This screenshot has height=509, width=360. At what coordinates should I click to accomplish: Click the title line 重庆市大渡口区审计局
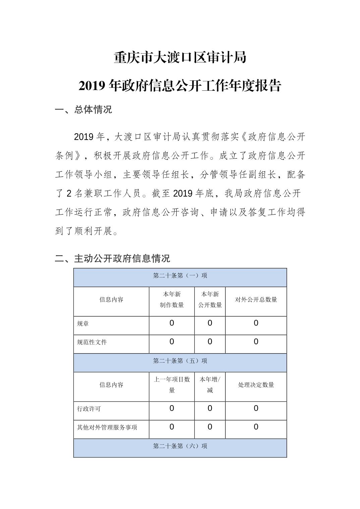pos(180,58)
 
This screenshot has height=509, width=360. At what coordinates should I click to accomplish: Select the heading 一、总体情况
pos(83,110)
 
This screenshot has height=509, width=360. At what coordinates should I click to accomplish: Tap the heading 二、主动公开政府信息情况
pos(112,258)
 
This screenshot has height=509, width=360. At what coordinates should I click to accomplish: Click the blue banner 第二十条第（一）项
pos(180,276)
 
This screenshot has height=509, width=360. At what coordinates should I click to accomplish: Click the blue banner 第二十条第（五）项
pos(180,361)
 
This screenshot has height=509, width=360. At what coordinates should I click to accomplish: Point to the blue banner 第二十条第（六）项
pos(180,446)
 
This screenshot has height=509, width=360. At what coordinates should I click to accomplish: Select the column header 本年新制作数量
pos(172,300)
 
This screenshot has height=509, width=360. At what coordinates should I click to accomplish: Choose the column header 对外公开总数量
pos(256,300)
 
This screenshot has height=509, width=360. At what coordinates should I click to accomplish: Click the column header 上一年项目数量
pos(172,385)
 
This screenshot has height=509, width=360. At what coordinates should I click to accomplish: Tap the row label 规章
pos(83,324)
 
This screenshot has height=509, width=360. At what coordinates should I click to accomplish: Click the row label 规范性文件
pos(92,342)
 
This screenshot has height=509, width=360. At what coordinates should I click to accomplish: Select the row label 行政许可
pos(89,409)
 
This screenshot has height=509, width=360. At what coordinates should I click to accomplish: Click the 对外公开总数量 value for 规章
pos(256,323)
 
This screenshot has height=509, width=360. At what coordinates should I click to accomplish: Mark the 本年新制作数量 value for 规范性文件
pos(172,342)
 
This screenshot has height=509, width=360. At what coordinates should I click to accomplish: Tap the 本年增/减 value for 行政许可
pos(210,409)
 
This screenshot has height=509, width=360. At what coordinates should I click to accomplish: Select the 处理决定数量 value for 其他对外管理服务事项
pos(256,427)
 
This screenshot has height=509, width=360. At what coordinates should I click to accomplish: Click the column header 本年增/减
pos(210,385)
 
